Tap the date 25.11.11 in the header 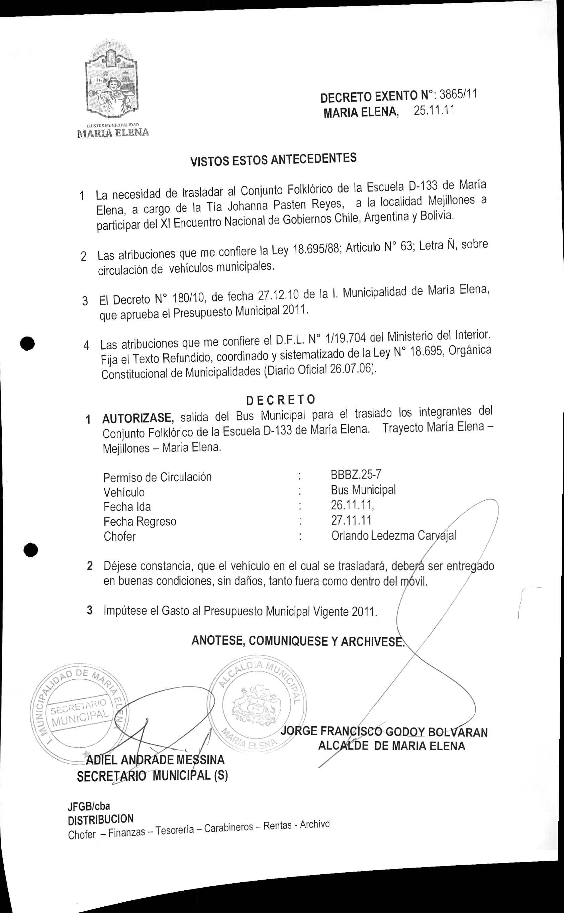click(434, 111)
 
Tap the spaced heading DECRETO click(281, 399)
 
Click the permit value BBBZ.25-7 click(356, 475)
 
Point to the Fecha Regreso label click(140, 521)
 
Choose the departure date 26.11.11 click(352, 505)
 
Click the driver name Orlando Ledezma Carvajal click(393, 535)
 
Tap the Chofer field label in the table click(119, 537)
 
